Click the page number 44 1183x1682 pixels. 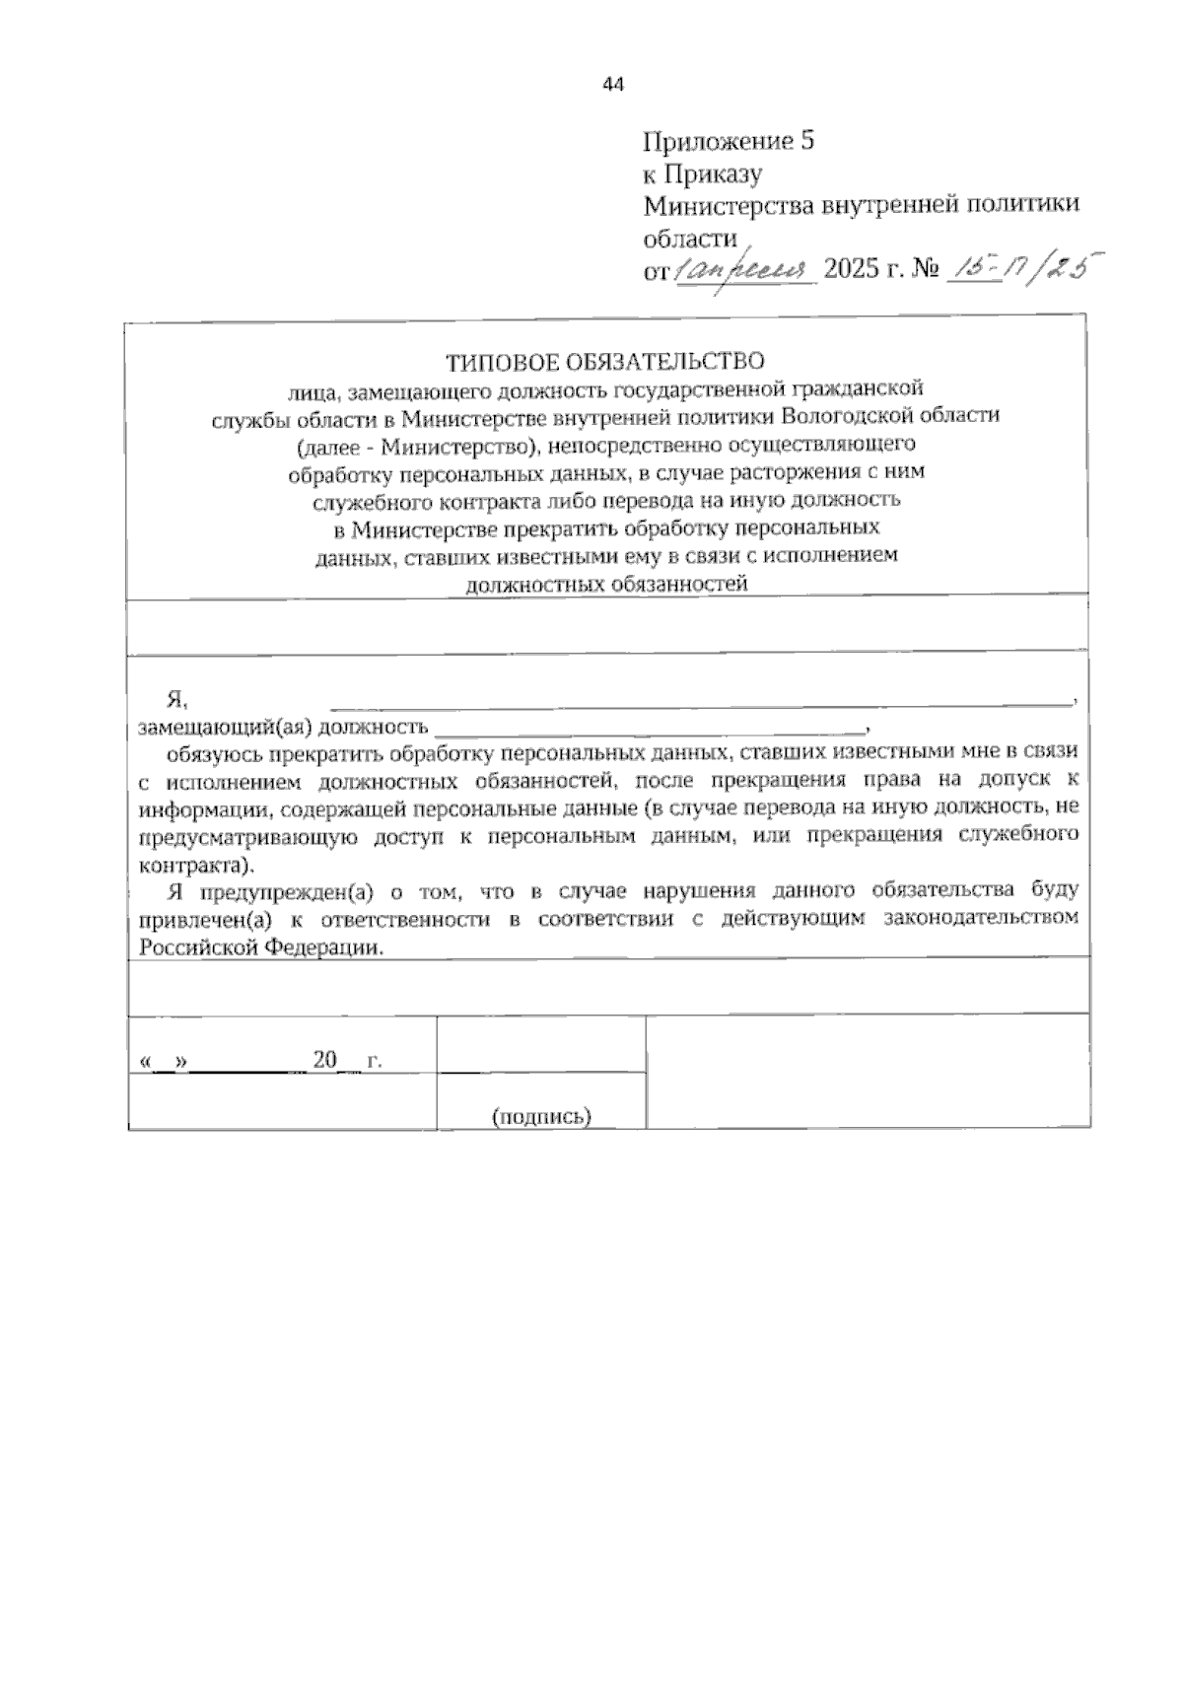click(x=612, y=85)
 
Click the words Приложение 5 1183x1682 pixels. click(x=729, y=141)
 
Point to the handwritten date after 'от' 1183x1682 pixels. click(x=743, y=268)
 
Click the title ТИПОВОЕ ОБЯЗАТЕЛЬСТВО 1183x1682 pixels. click(x=604, y=361)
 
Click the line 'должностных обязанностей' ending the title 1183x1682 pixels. click(x=606, y=584)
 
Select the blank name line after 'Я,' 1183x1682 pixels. click(x=700, y=702)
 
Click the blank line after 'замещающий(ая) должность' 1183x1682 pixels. click(x=649, y=730)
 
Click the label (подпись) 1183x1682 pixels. click(x=541, y=1116)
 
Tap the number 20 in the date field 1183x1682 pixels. click(x=324, y=1061)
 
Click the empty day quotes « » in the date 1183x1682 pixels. click(x=165, y=1063)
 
